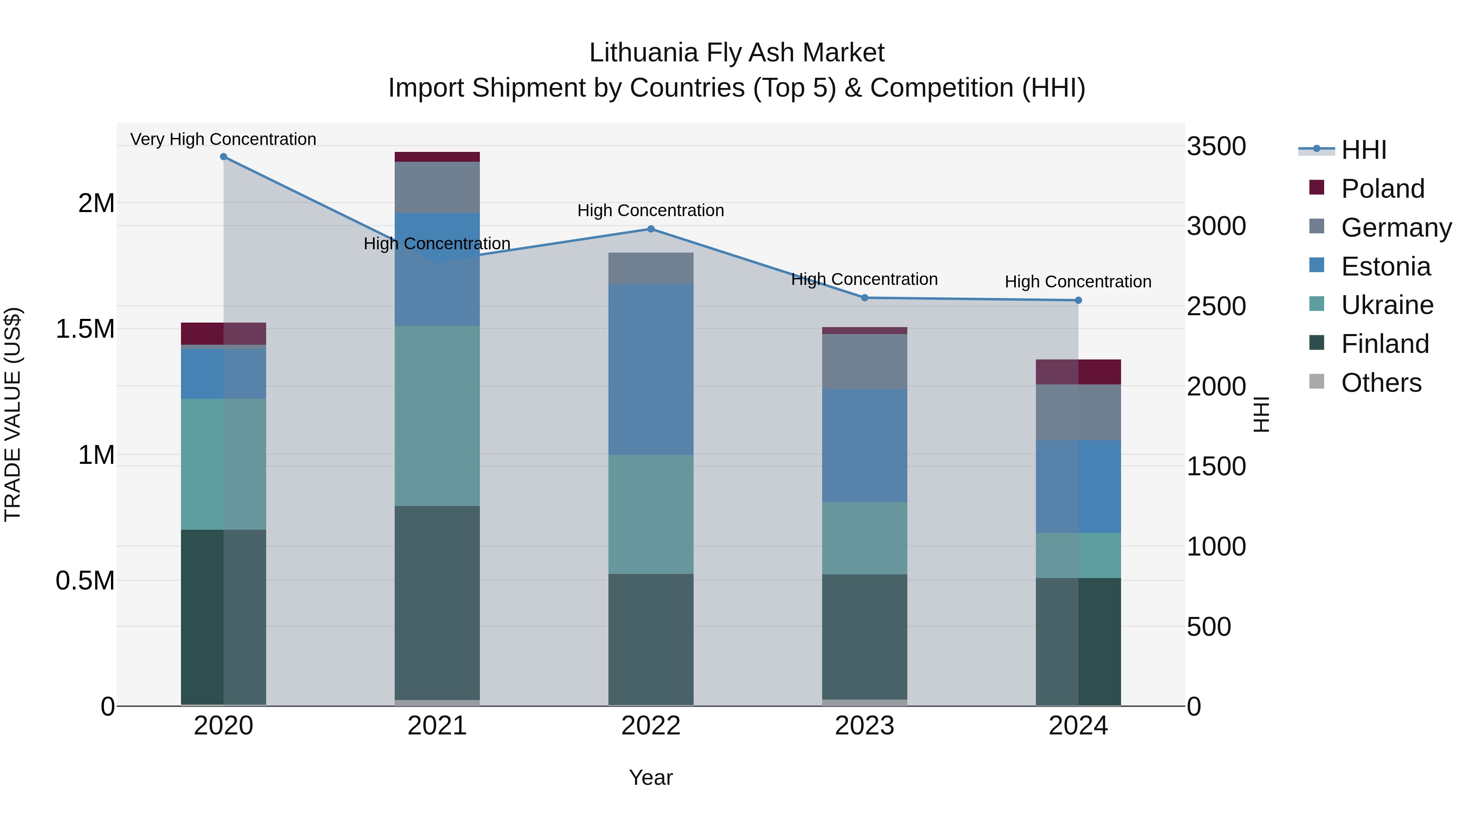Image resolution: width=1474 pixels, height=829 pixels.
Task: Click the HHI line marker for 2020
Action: coord(224,157)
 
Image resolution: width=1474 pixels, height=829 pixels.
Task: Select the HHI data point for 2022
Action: coord(651,229)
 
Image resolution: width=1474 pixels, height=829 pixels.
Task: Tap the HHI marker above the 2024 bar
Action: coord(1078,300)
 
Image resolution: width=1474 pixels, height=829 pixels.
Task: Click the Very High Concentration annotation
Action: coord(223,139)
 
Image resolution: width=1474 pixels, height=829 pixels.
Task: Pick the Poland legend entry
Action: coord(1382,189)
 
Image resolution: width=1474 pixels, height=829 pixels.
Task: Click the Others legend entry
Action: coord(1381,383)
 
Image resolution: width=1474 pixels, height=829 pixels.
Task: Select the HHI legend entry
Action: coord(1363,150)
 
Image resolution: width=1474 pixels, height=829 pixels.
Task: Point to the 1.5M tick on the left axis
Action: coord(85,329)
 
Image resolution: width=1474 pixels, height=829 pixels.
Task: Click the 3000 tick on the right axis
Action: coord(1216,226)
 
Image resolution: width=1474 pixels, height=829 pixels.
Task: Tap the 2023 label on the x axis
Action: coord(864,726)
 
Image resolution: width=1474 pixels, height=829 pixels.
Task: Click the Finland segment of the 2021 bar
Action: coord(437,601)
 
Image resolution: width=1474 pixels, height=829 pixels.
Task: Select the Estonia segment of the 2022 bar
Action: coord(651,369)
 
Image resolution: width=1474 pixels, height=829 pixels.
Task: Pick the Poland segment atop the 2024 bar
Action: coord(1078,372)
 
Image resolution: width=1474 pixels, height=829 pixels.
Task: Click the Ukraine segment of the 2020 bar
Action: coord(223,463)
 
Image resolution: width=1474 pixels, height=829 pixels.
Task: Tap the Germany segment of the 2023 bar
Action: coord(864,361)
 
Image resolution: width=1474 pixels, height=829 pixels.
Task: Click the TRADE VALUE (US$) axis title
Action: coord(13,414)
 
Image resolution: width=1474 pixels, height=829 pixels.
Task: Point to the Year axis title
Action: coord(651,777)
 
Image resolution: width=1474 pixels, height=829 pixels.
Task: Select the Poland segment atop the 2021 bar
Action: coord(437,157)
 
